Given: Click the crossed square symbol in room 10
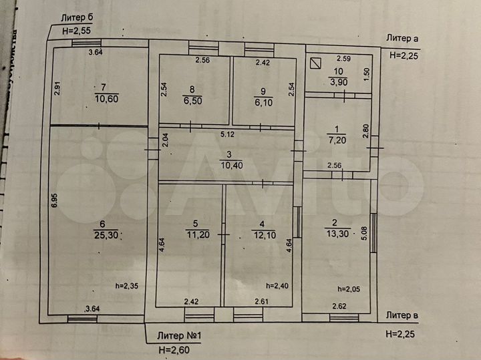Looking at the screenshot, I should click(x=315, y=64).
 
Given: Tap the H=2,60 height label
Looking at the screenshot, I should click(x=174, y=349).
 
